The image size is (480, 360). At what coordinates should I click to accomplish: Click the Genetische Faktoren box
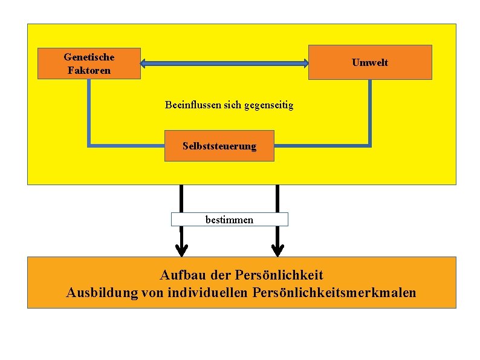pos(89,63)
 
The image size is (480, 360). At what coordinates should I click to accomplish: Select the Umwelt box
pos(370,62)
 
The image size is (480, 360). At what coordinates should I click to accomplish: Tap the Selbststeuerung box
pos(219,146)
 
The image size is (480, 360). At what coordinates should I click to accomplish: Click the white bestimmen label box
pos(229,219)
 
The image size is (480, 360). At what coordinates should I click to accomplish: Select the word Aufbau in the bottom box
pos(180,275)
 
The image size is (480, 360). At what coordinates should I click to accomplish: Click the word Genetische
pos(89,57)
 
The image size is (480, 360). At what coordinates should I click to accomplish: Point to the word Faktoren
pos(89,70)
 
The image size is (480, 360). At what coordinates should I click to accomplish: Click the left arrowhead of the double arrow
pos(145,62)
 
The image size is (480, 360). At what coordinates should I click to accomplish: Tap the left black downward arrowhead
pos(181,249)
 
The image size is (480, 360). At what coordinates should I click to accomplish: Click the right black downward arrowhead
pos(277,249)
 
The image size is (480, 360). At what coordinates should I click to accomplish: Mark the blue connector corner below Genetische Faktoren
pos(89,145)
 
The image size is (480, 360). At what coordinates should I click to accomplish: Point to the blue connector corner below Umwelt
pos(369,145)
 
